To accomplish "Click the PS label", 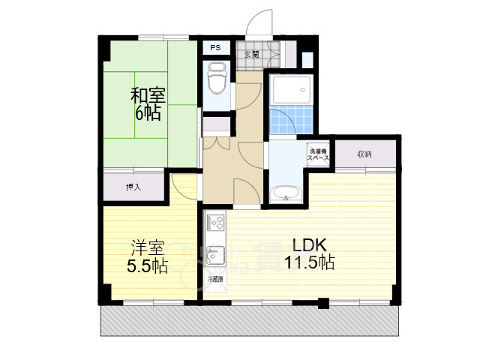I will (x=215, y=48).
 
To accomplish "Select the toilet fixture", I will (x=217, y=79).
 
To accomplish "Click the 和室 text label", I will (x=148, y=97).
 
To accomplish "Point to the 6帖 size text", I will (x=148, y=114).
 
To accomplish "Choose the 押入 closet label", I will (x=133, y=187).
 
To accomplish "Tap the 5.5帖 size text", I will (x=147, y=265).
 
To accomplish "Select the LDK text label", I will (x=307, y=245).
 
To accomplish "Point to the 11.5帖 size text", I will (x=309, y=262).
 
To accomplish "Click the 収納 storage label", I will (x=364, y=154).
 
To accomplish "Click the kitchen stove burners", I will (x=214, y=223).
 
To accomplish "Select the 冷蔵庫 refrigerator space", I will (x=215, y=279).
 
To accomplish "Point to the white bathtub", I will (x=289, y=92).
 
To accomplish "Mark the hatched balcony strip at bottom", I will (x=247, y=321).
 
